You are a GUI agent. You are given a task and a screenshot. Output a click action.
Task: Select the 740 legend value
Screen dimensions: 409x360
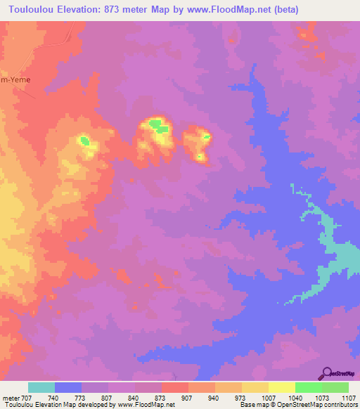pos(52,397)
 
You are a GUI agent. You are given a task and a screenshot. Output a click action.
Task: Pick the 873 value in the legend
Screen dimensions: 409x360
pos(161,397)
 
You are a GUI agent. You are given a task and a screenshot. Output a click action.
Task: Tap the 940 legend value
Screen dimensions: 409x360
pos(214,397)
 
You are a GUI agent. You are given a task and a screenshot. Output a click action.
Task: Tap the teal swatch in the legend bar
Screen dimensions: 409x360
pos(41,387)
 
